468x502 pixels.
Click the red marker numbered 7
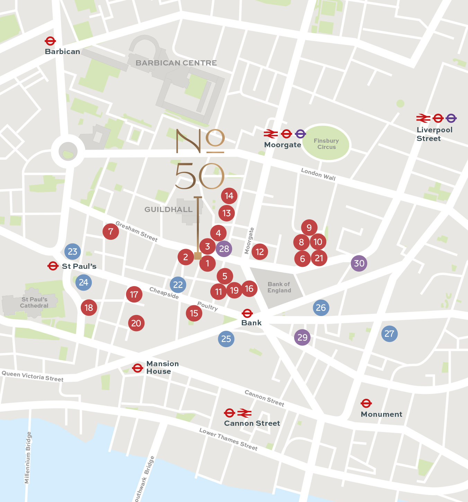coord(111,231)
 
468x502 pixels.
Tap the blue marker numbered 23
coord(72,252)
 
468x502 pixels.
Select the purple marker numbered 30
coord(359,263)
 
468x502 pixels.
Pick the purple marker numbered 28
coord(224,249)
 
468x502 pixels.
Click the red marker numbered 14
coord(229,196)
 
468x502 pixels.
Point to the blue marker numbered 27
coord(389,334)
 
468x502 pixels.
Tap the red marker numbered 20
coord(136,323)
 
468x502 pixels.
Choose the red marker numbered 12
coord(260,252)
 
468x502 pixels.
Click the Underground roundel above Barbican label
coord(50,41)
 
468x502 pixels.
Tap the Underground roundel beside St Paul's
coord(53,266)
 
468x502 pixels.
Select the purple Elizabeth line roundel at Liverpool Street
coord(451,118)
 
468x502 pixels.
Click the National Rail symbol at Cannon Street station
coord(245,413)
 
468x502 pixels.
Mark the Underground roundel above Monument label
coord(366,403)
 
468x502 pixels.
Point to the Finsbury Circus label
coord(326,144)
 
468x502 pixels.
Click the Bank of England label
coord(279,287)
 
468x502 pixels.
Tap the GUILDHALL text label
coord(168,210)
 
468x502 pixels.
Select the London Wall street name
coord(318,174)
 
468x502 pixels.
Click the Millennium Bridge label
coord(28,457)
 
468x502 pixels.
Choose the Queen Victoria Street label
coord(33,376)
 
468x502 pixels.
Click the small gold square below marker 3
coord(198,256)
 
